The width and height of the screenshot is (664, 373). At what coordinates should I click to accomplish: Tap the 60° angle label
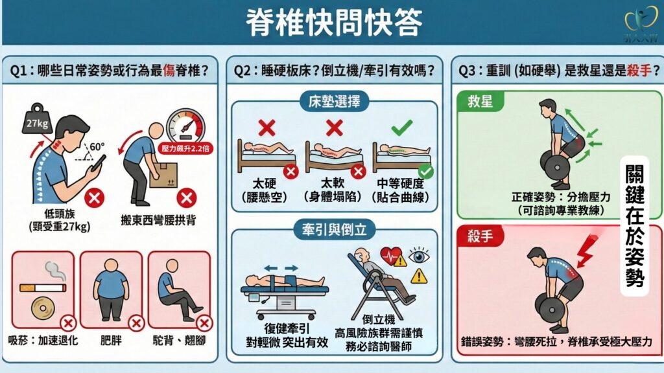[x=97, y=147]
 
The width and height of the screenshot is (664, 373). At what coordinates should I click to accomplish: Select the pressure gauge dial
[x=185, y=126]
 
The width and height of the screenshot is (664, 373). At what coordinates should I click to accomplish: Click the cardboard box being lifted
[x=163, y=175]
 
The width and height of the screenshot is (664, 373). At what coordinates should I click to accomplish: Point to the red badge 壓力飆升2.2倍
[x=185, y=148]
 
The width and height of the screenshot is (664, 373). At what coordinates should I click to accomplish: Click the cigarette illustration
[x=43, y=288]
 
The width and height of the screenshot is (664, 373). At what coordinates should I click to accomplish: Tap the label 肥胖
[x=111, y=340]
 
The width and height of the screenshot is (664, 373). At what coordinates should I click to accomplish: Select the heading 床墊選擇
[x=334, y=102]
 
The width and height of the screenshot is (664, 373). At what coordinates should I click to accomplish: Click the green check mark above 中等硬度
[x=401, y=128]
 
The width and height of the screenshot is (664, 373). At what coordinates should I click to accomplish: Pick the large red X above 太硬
[x=267, y=128]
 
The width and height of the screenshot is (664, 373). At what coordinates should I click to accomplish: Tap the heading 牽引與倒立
[x=334, y=230]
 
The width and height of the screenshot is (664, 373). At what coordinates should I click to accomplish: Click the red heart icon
[x=390, y=255]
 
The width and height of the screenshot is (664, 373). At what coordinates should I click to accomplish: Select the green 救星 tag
[x=480, y=102]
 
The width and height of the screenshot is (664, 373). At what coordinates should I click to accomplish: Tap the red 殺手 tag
[x=480, y=236]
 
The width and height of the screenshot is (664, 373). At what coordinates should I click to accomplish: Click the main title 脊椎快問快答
[x=334, y=22]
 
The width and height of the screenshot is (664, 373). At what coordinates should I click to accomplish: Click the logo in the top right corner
[x=641, y=23]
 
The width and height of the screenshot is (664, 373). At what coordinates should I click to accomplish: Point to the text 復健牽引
[x=287, y=328]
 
